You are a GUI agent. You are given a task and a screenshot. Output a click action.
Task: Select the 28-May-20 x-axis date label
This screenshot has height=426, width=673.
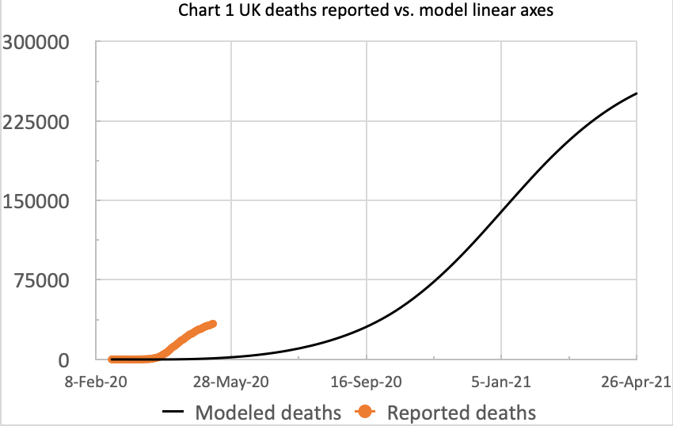pos(230,381)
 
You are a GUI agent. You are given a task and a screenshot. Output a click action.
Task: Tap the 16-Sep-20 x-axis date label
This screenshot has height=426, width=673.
pos(366,381)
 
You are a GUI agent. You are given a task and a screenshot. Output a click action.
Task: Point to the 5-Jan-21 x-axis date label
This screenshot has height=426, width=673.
pos(501,381)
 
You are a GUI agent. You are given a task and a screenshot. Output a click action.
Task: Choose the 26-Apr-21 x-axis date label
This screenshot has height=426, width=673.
pos(633,381)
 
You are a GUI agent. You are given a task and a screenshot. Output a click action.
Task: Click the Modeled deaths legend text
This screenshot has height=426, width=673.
pos(268,413)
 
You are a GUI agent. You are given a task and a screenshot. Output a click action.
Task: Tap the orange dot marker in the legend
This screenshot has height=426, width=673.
pos(366,413)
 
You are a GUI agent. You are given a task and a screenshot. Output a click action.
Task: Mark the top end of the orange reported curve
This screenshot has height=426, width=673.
pos(212,324)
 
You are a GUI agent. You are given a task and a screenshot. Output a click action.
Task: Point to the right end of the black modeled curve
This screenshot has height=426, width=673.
pos(637,93)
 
